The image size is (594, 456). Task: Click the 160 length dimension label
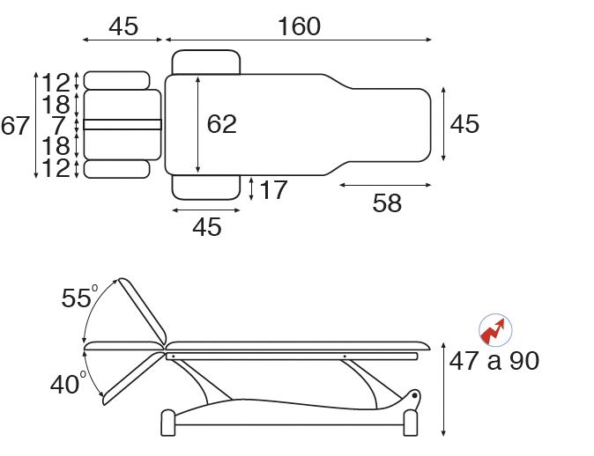[300, 26]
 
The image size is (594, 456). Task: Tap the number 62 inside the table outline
[221, 124]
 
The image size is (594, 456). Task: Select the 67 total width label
[15, 126]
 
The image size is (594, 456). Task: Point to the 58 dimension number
[387, 202]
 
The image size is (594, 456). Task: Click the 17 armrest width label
[273, 190]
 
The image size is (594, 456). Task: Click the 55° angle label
[79, 297]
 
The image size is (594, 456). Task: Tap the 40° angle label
[68, 384]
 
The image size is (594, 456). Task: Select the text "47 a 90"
[494, 361]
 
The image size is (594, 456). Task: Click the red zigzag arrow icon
[495, 330]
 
